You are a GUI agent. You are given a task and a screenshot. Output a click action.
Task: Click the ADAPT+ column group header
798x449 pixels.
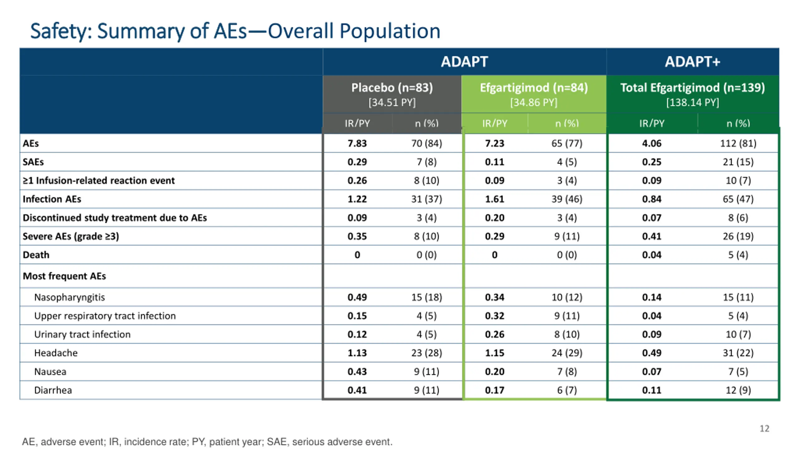692,62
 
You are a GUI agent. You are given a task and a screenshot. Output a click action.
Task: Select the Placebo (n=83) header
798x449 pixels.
392,88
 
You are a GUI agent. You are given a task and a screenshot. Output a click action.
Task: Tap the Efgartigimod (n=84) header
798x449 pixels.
534,88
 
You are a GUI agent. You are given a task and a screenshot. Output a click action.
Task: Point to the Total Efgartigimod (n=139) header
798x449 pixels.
692,88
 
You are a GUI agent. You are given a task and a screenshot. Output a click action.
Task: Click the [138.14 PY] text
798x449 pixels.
692,103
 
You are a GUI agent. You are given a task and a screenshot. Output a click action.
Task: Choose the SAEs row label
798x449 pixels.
33,162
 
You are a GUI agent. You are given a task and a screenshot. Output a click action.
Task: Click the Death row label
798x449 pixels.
36,255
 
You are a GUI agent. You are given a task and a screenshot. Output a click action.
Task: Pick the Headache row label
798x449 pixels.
56,353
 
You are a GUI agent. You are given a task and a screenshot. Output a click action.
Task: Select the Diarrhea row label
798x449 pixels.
53,390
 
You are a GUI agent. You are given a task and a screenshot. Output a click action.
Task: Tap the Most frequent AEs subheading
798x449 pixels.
64,276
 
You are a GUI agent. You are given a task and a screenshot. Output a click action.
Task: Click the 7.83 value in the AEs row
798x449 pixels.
357,143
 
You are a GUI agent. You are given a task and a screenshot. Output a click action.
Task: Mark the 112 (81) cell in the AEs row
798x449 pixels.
738,143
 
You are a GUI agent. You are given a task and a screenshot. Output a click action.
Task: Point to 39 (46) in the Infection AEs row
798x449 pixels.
567,199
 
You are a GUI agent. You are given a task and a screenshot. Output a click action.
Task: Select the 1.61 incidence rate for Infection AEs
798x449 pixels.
494,199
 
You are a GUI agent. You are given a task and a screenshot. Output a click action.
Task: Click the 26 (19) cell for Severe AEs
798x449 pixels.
738,236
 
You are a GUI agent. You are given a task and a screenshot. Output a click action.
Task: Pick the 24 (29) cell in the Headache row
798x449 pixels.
567,353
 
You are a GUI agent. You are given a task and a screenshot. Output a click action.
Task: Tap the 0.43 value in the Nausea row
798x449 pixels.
357,372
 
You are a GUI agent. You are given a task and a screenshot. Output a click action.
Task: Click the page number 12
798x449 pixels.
764,429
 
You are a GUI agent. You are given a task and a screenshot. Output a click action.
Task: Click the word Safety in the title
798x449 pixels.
61,31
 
